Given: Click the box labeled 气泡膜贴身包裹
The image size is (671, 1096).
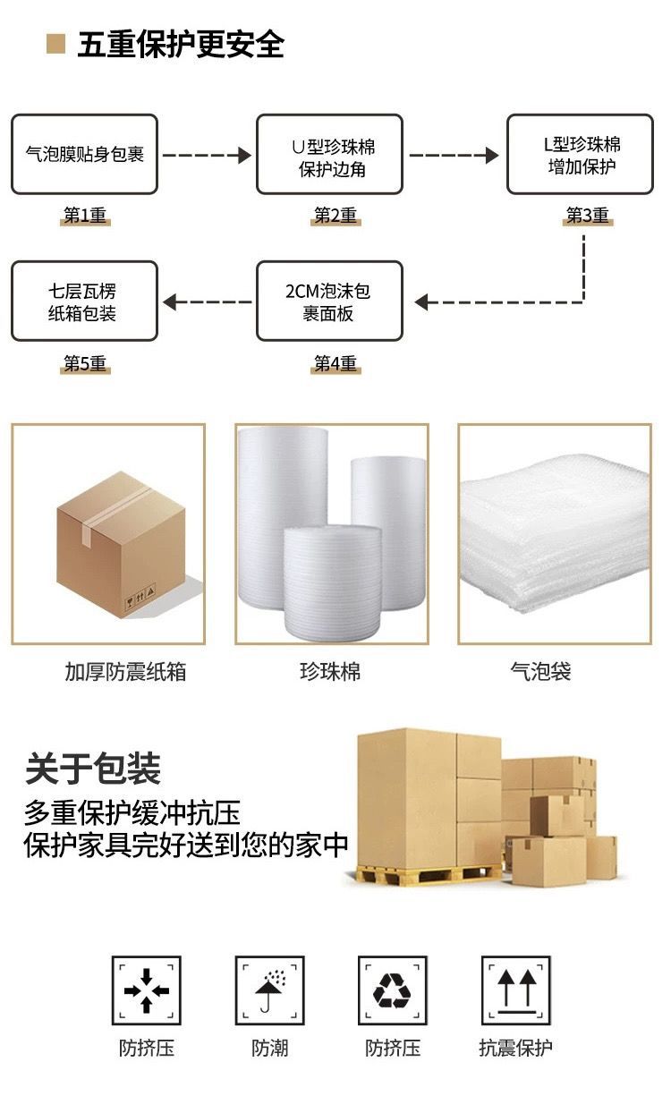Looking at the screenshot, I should (85, 154).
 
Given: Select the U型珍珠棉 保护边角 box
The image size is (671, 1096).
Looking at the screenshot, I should (330, 154).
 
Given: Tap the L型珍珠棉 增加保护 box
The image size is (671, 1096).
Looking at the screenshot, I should (581, 154).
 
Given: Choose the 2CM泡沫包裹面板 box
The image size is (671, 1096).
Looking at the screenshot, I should (330, 302).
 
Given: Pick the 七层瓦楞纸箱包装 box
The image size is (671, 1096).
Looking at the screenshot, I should (85, 302).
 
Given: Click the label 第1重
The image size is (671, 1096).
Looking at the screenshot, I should (85, 216).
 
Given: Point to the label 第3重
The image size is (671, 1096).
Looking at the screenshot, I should (588, 216).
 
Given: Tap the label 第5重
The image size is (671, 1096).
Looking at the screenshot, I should (85, 364).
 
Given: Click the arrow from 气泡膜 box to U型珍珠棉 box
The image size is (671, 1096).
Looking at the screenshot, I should (207, 155).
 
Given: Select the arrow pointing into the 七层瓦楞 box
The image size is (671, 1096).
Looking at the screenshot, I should (207, 302).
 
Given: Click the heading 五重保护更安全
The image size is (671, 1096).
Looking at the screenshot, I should (180, 44).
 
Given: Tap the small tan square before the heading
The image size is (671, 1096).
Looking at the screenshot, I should (56, 44).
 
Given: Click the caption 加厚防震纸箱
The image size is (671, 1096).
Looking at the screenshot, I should (125, 672).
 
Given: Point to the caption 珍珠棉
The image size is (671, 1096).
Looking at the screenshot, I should (330, 672).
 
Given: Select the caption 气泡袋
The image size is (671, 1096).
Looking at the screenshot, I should (540, 672).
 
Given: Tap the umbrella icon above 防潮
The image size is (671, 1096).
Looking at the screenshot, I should (269, 990).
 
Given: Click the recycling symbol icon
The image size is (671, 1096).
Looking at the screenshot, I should (393, 990).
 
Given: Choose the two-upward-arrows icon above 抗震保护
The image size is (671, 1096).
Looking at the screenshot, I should (515, 990).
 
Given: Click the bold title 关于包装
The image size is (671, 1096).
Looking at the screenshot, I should (93, 769).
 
